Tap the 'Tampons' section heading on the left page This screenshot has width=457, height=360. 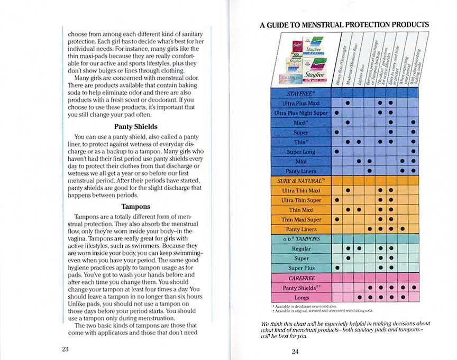136,206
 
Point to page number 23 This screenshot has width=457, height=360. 65,349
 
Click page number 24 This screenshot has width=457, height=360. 296,351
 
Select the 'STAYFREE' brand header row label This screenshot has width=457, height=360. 301,93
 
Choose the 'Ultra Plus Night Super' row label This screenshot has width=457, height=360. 301,113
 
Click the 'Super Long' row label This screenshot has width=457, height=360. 301,152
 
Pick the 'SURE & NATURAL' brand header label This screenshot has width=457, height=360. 301,181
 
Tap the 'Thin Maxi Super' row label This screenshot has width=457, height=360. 301,219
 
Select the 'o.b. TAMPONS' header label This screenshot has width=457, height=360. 301,239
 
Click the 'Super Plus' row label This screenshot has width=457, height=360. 301,268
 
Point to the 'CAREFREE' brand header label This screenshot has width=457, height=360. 301,278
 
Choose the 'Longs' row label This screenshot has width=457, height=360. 301,298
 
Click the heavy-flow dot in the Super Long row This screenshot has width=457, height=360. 336,152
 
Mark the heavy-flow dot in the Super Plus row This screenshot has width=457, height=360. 336,268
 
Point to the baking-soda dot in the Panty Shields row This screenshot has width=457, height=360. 414,288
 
